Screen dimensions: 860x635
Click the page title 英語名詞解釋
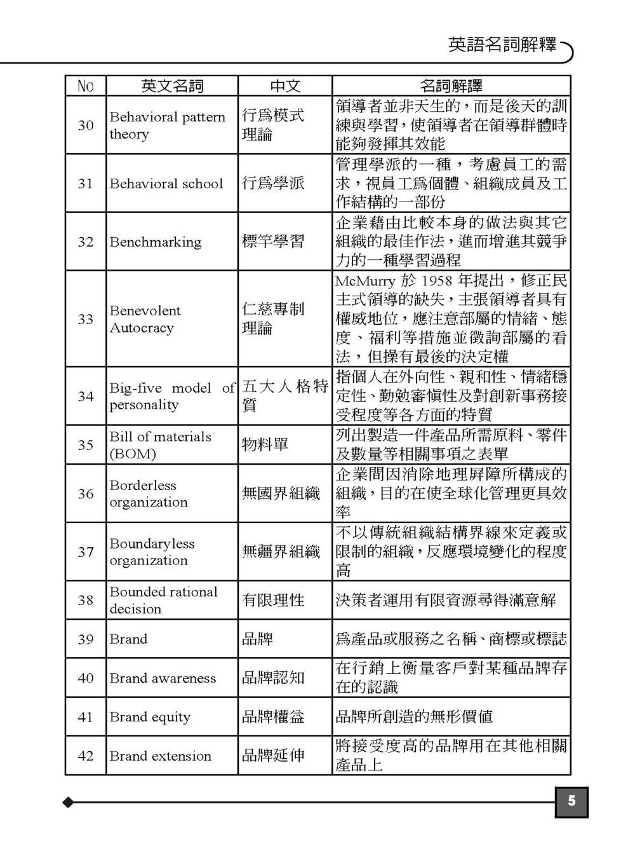pos(502,45)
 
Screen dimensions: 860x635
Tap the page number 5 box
pos(571,802)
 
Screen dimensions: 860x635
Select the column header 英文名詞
pos(171,86)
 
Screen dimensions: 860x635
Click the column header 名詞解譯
pos(451,86)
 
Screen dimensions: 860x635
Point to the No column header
pos(85,86)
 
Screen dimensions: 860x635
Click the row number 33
pos(86,319)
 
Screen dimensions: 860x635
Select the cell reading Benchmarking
pos(156,242)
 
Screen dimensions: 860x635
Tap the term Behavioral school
pos(166,184)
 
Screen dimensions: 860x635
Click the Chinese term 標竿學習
pos(273,242)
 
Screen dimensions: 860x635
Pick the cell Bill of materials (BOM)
pos(160,445)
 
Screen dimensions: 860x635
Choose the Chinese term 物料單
pos(265,444)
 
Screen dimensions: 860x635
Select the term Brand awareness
pos(163,678)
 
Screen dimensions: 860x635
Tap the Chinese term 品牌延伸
pos(273,756)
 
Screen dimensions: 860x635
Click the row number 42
pos(86,756)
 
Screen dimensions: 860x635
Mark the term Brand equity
pos(150,717)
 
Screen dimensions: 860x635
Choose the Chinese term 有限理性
pos(273,600)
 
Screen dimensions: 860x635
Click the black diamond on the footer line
pos(68,802)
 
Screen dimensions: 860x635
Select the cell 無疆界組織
pos(281,552)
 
